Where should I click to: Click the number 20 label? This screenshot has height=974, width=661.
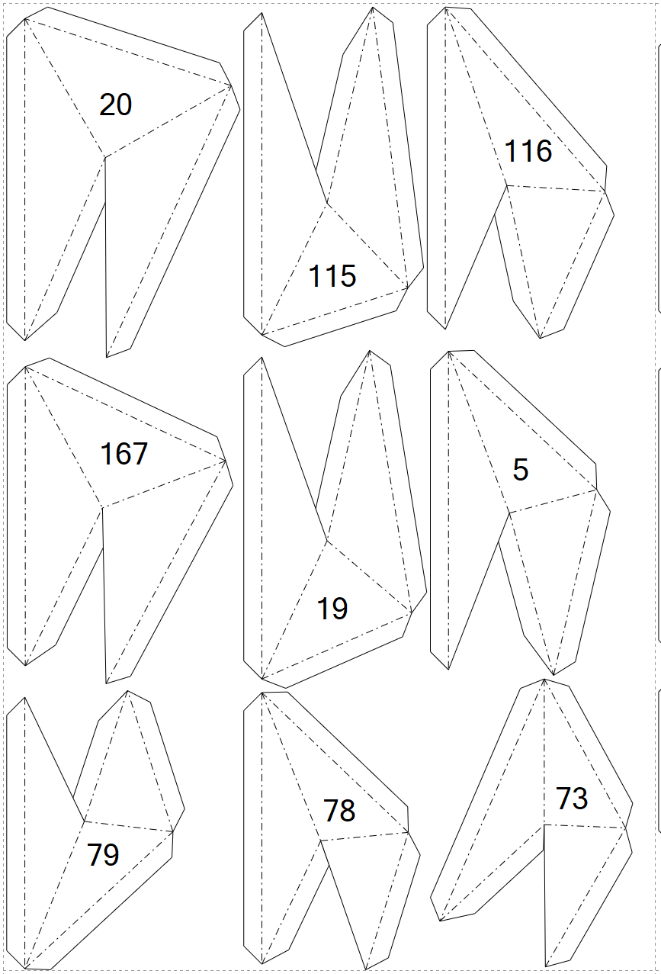(x=116, y=104)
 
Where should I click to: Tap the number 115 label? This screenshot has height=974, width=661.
(x=332, y=275)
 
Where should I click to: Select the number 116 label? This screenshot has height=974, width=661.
(x=528, y=151)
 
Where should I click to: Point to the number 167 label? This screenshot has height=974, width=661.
(x=124, y=454)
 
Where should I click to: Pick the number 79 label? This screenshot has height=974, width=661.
(x=104, y=854)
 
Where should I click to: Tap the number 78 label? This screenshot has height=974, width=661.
(x=339, y=811)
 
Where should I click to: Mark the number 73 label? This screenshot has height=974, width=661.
(x=572, y=799)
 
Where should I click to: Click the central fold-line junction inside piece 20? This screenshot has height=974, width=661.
(x=104, y=157)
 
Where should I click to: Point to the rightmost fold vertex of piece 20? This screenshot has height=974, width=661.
(x=232, y=85)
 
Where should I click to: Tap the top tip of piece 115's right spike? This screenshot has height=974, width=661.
(x=373, y=8)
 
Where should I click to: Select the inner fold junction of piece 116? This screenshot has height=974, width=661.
(x=507, y=185)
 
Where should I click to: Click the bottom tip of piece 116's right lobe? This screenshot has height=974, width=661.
(x=540, y=338)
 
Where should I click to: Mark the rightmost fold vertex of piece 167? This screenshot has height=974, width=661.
(x=226, y=461)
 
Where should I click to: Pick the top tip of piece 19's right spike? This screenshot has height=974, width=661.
(x=370, y=350)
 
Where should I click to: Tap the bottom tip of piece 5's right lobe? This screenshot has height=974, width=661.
(x=554, y=675)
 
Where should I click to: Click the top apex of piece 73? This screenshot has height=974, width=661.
(x=544, y=679)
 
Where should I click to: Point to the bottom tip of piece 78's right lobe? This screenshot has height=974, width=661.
(x=366, y=969)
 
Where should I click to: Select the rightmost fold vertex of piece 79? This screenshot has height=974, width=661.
(x=173, y=832)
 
